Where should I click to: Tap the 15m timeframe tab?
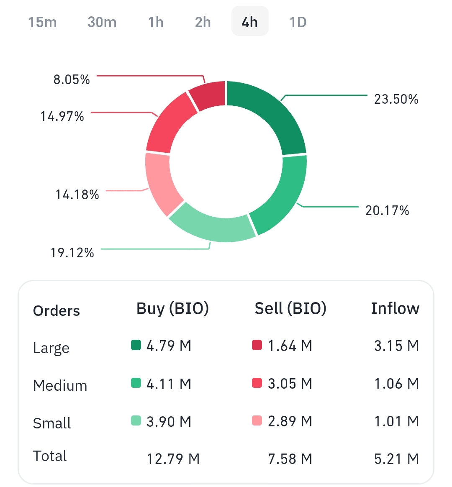[43, 22]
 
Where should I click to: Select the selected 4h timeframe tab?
[250, 22]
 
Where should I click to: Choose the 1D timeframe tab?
[298, 22]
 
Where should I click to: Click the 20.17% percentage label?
[387, 210]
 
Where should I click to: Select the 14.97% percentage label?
[62, 116]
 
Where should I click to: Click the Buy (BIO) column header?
[172, 308]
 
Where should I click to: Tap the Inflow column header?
[395, 308]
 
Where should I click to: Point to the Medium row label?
[60, 385]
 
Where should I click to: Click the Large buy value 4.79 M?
[169, 346]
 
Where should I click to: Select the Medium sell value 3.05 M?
[290, 384]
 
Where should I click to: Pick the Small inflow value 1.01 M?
[396, 421]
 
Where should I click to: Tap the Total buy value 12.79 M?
[173, 459]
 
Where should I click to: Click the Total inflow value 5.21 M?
[396, 459]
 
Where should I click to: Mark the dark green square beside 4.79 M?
[136, 345]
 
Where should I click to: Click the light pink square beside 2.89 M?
[257, 420]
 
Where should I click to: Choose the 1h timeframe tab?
[156, 22]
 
